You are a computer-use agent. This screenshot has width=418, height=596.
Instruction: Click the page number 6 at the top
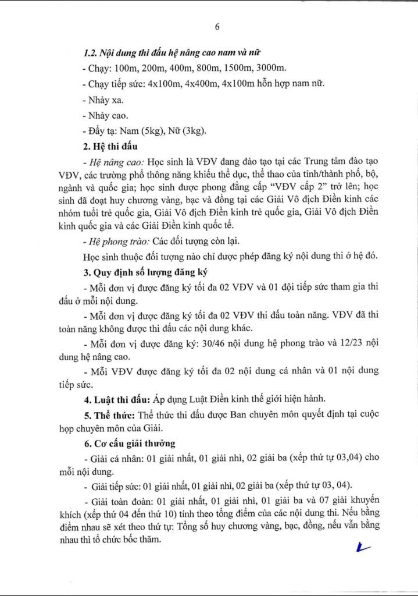pos(217,27)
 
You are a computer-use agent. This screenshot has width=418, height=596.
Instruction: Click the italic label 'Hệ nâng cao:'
pos(115,161)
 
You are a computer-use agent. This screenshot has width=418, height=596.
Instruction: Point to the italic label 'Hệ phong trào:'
pos(118,240)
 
